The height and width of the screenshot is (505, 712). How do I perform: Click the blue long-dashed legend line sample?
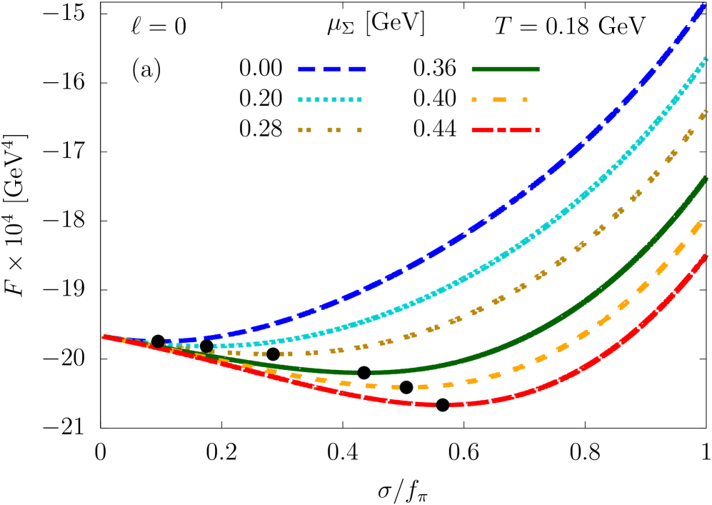coord(332,69)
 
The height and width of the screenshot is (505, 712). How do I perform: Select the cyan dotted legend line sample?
coord(330,100)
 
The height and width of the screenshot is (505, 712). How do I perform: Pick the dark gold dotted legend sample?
coord(330,130)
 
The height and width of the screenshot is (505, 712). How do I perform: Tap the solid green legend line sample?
coord(506,69)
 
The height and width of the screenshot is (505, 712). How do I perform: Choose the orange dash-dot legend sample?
coord(500,100)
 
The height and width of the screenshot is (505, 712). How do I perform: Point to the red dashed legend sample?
coord(506,130)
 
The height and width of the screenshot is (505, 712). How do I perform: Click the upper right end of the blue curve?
coord(703,6)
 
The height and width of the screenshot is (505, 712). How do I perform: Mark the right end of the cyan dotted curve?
coord(706,59)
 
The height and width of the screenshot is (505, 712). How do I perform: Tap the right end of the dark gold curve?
coord(704,113)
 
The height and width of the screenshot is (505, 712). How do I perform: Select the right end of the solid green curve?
coord(705,179)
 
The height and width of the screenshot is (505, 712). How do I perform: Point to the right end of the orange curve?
coord(701,224)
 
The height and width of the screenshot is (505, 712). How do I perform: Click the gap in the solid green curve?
coord(364,372)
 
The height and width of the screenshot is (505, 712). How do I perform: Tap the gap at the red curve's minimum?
coord(442,405)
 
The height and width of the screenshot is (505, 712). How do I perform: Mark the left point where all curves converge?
coord(105,336)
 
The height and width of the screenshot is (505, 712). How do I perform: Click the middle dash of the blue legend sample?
coord(332,69)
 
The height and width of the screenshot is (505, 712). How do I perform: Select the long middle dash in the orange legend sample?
coord(499,100)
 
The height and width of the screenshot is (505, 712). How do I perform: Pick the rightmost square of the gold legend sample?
coord(359,130)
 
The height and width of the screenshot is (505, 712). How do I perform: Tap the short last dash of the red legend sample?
coord(537,130)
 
